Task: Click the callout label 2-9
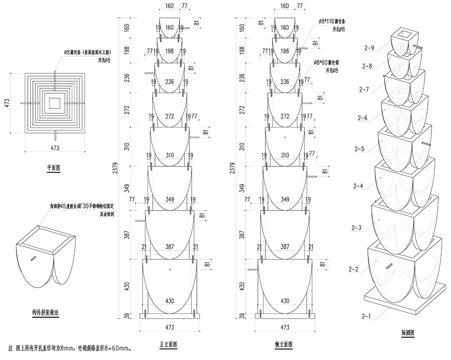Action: tap(369, 47)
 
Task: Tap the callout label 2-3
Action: tap(356, 228)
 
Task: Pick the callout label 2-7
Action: tap(365, 89)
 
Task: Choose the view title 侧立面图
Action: tap(284, 344)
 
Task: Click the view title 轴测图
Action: tap(407, 333)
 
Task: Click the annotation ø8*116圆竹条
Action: tap(332, 22)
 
